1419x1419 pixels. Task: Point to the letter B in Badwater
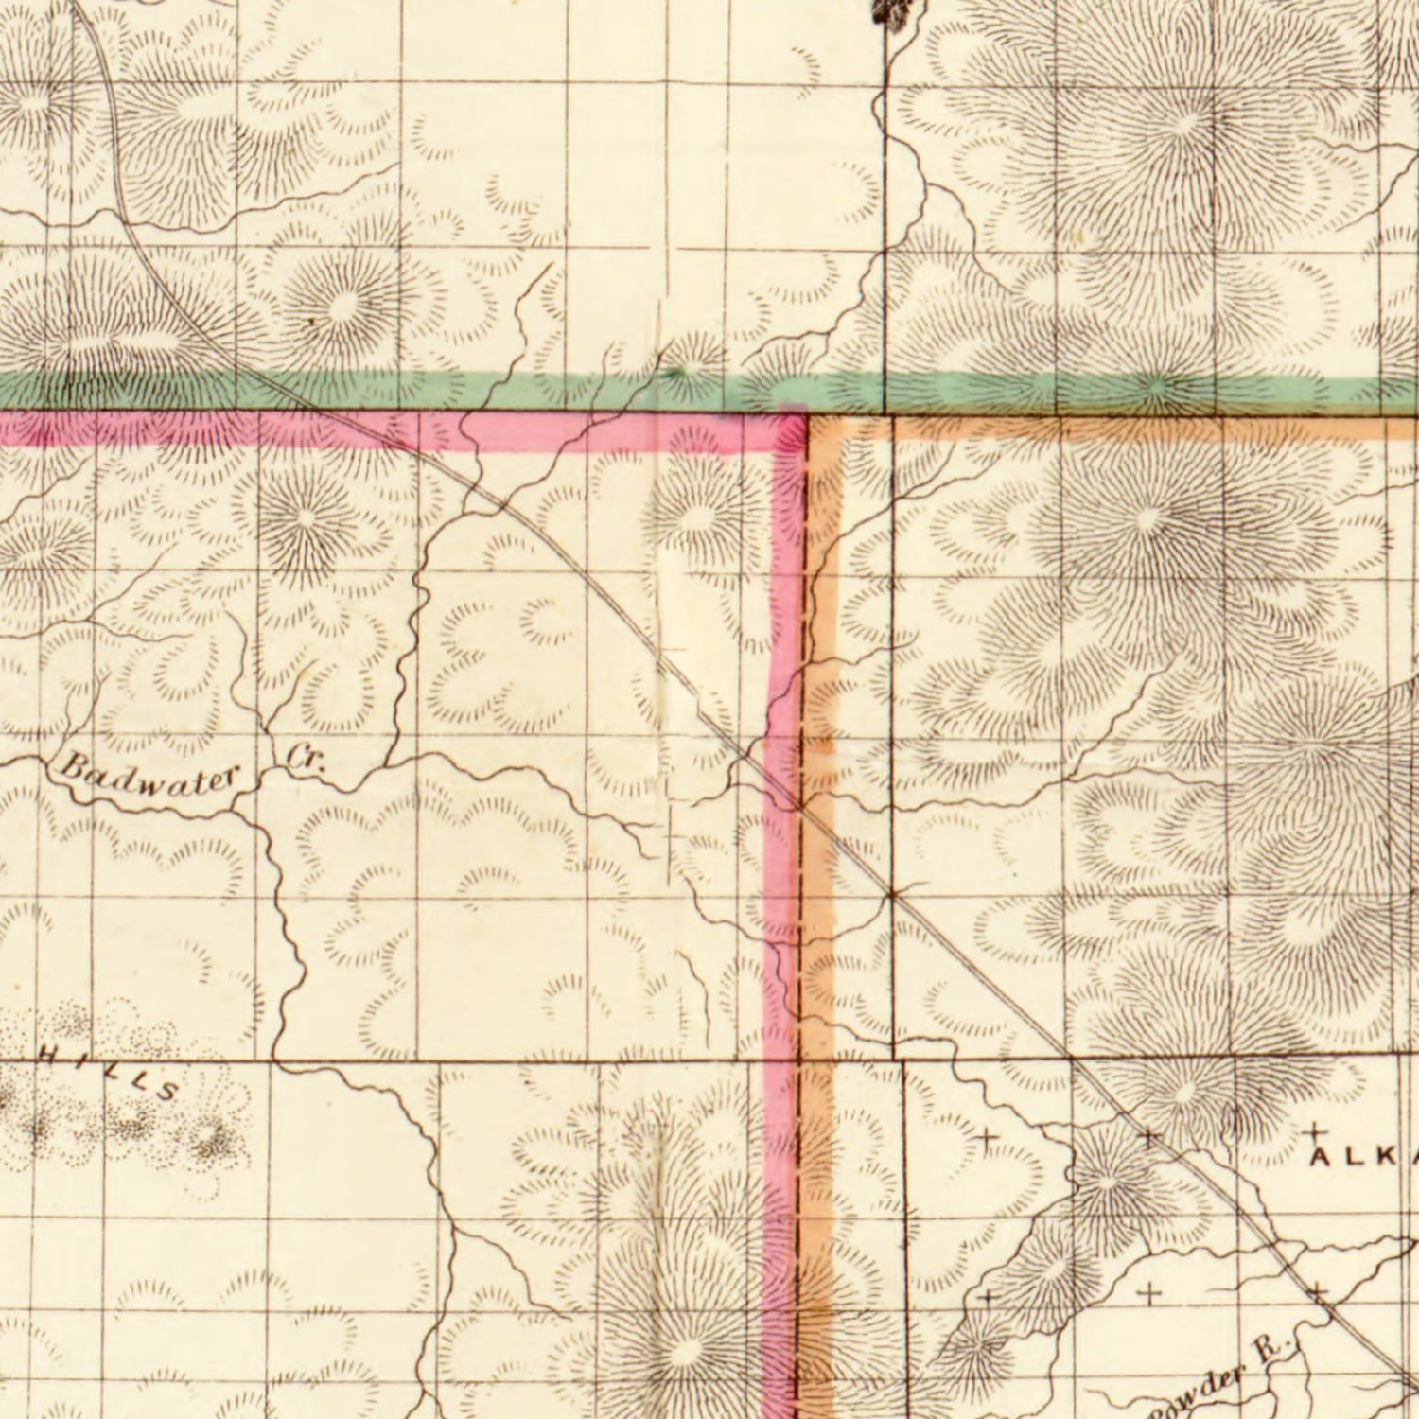74,762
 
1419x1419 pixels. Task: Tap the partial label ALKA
1366,1156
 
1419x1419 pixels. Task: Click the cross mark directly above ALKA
1315,1131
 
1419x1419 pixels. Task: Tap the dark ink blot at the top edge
894,11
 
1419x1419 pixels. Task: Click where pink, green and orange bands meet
806,412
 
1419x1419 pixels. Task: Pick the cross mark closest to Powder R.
1317,1291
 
